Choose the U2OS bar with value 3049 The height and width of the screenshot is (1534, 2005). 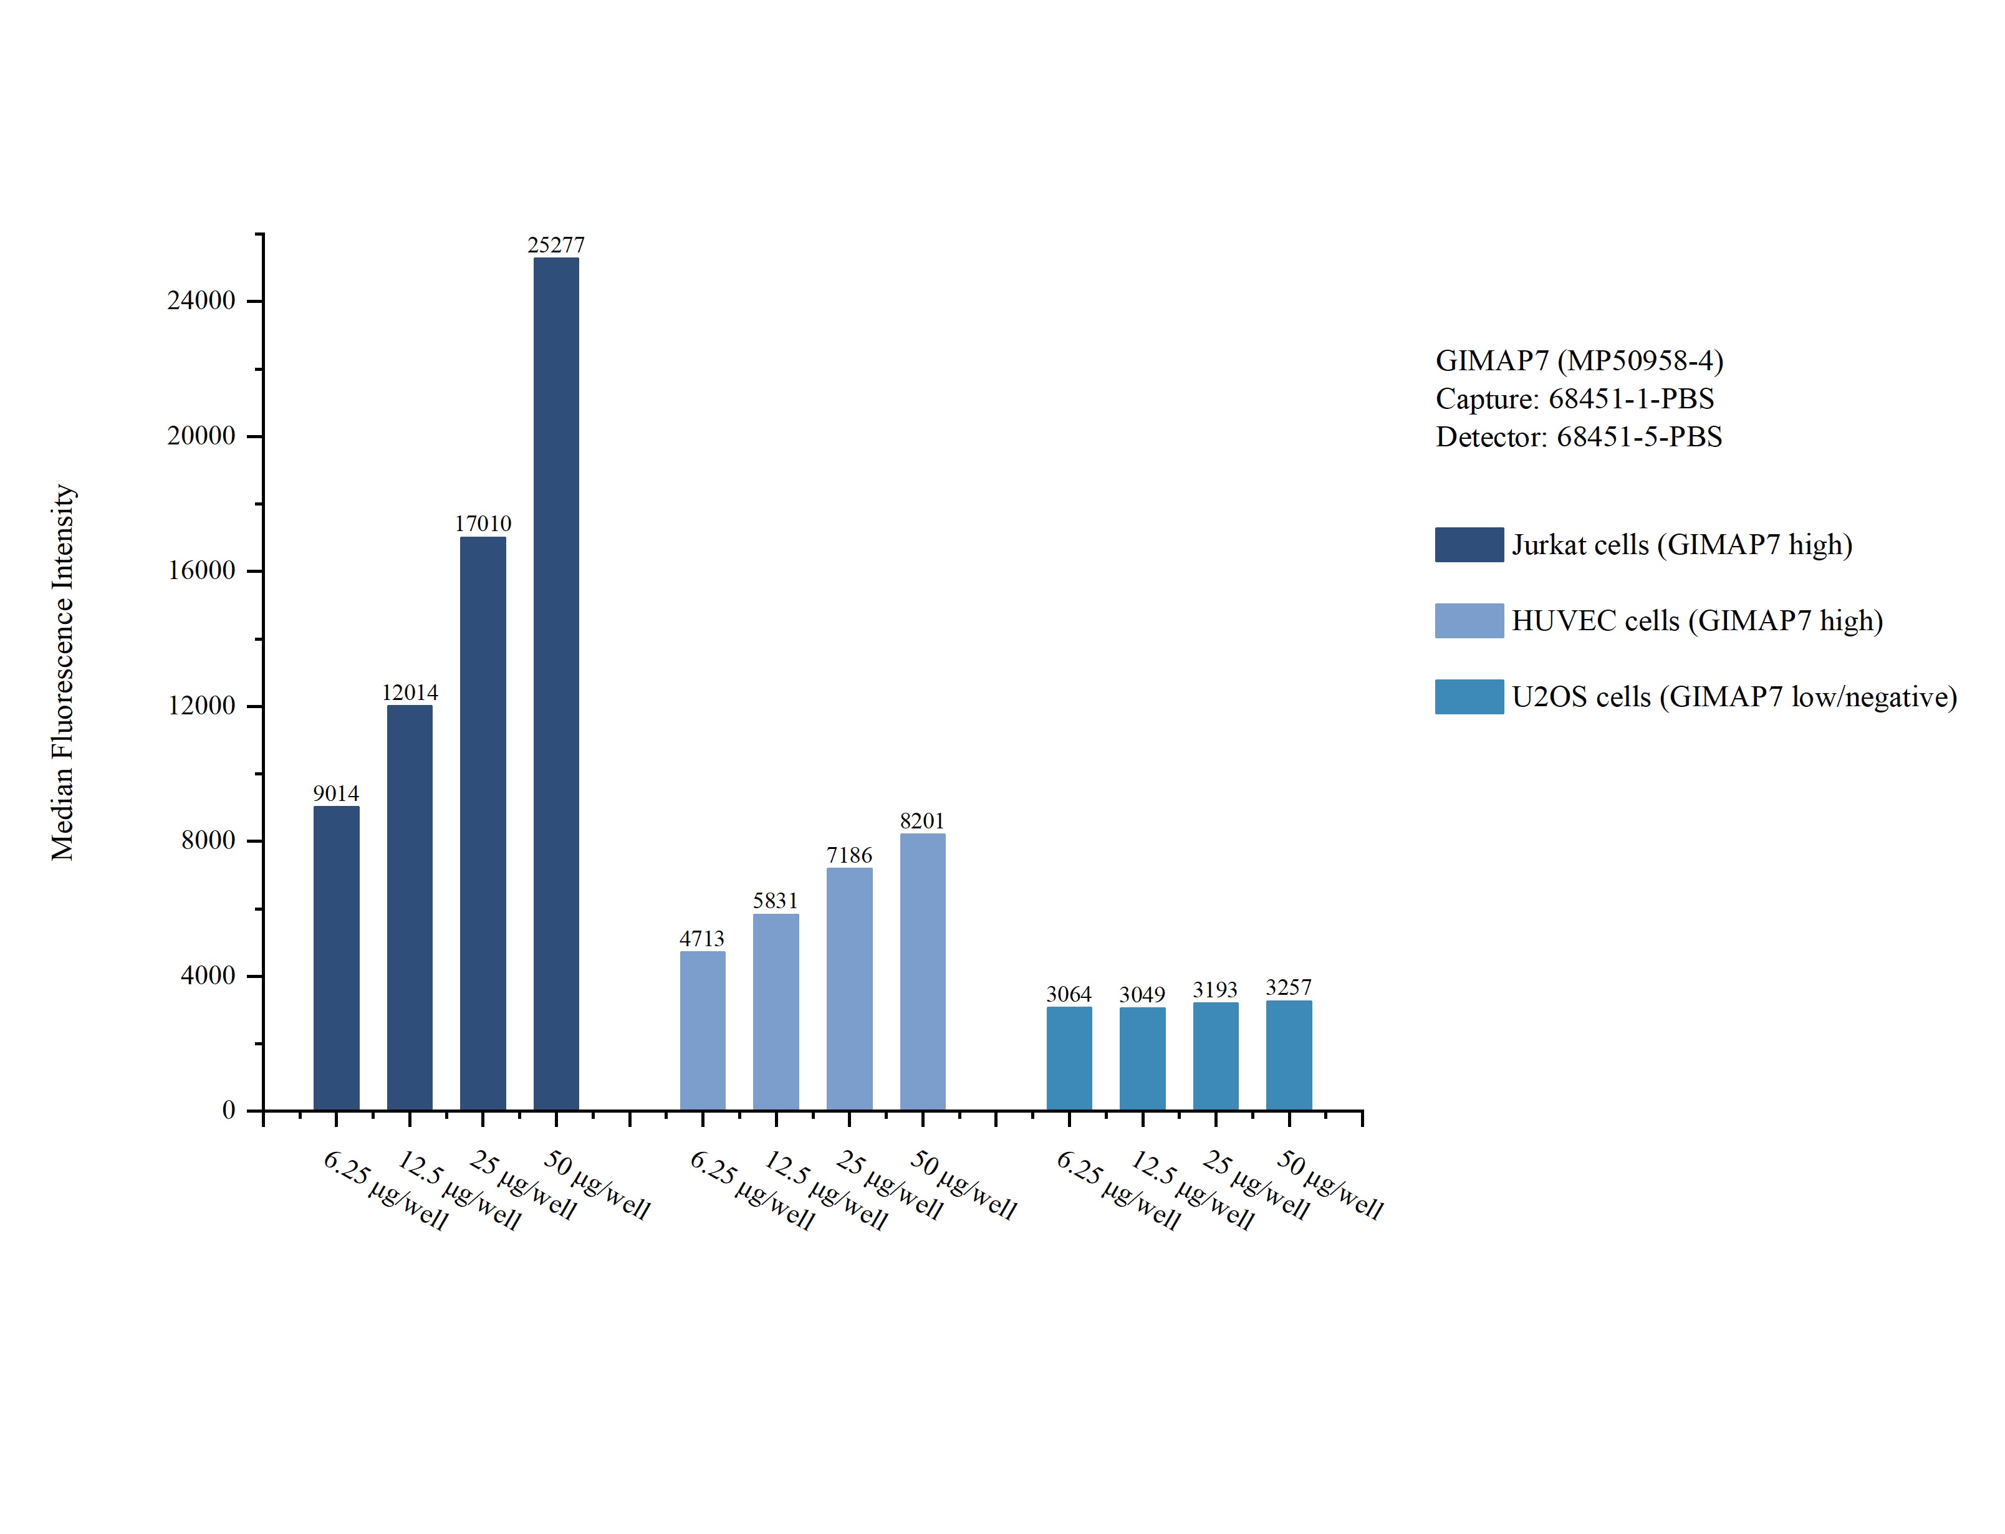1142,1058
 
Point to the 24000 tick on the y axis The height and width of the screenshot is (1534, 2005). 201,300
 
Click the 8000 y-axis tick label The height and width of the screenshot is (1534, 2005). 208,840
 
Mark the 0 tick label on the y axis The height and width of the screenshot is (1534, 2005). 228,1110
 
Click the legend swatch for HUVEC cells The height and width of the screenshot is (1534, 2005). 1468,620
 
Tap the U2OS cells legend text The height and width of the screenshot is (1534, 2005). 1734,697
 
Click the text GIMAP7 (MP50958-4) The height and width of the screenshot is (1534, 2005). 1579,361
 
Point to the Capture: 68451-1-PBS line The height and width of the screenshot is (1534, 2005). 1574,399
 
